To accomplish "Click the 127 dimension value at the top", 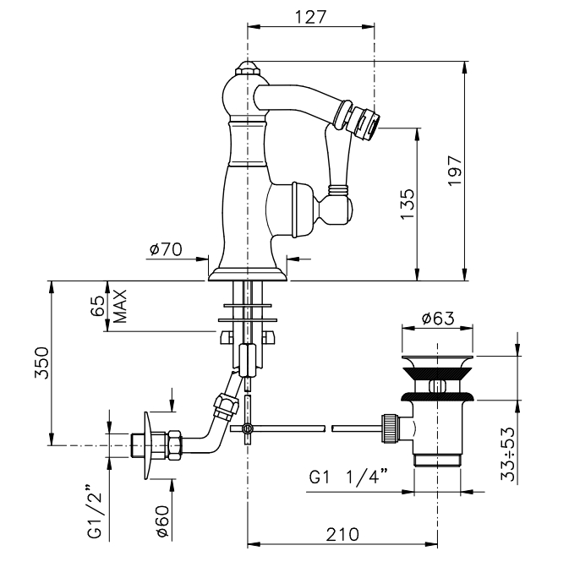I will pyautogui.click(x=310, y=16).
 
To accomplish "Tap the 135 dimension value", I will pyautogui.click(x=407, y=204).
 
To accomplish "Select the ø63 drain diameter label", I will pyautogui.click(x=438, y=319).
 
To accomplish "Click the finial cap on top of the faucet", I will pyautogui.click(x=247, y=67).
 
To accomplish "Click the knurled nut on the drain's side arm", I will pyautogui.click(x=389, y=427).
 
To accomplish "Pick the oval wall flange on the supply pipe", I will pyautogui.click(x=150, y=444).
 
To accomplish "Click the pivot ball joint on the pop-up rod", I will pyautogui.click(x=247, y=430).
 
